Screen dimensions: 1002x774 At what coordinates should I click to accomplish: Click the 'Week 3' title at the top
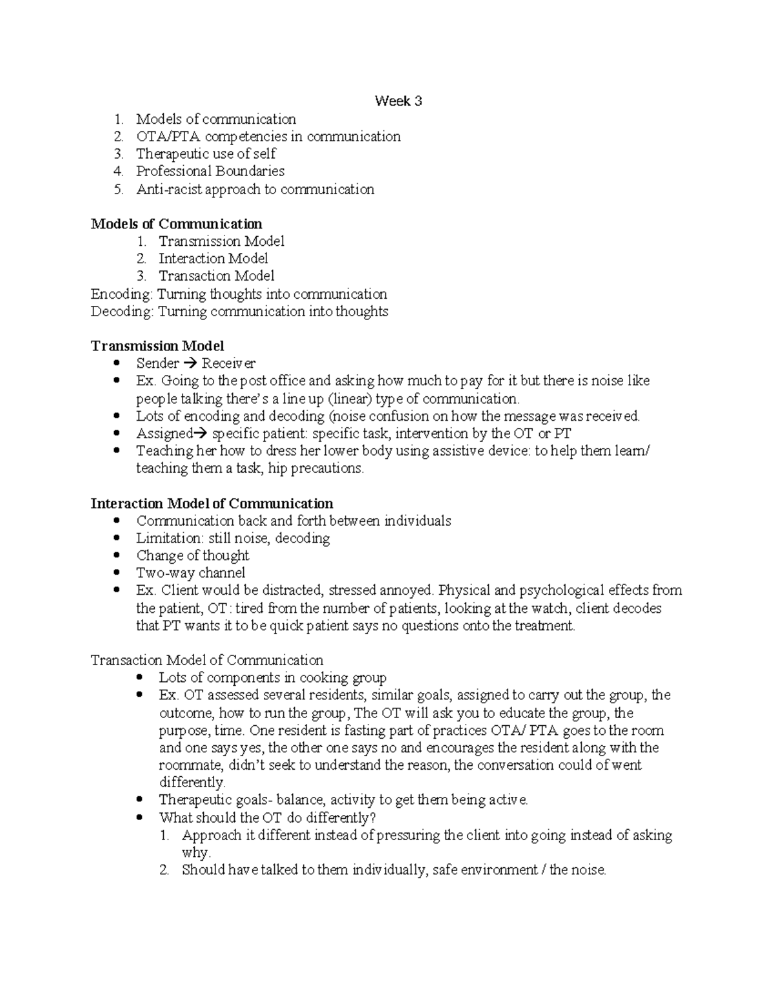(x=399, y=101)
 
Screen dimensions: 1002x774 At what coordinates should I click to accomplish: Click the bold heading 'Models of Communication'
(x=176, y=224)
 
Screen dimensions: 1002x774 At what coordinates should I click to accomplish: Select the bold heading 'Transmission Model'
(x=157, y=346)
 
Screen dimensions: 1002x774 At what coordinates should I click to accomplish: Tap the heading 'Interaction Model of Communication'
(x=212, y=503)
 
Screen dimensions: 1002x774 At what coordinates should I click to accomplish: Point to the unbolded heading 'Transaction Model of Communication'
(x=206, y=660)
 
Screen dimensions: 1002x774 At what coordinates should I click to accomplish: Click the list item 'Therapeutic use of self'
(x=206, y=154)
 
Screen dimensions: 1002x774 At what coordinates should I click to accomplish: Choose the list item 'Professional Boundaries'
(x=210, y=171)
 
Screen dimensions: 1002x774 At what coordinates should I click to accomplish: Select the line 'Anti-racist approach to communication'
(x=255, y=189)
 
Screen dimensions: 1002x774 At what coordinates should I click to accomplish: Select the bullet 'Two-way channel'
(x=190, y=573)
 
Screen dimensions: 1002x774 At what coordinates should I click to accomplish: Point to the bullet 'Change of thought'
(x=192, y=556)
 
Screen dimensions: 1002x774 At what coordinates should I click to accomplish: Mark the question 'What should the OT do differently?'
(x=267, y=817)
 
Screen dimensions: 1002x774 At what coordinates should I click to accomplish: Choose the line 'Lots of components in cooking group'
(x=272, y=677)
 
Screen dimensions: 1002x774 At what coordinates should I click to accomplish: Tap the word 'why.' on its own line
(x=196, y=853)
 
